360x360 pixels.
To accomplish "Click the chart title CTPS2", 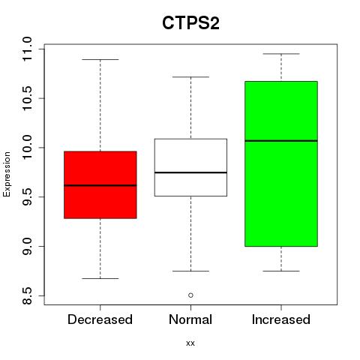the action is (x=190, y=23).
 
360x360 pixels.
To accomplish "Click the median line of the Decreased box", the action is (x=100, y=185).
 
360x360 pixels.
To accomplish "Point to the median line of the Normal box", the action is (x=190, y=172).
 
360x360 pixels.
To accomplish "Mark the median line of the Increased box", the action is (x=281, y=141).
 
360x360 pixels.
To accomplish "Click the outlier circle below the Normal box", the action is (x=190, y=295).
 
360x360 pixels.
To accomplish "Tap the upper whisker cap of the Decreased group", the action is (x=100, y=59).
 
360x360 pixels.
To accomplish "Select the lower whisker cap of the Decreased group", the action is (x=100, y=278).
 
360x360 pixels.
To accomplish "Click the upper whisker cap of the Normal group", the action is (x=190, y=76).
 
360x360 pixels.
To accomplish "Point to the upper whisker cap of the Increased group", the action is (x=281, y=54).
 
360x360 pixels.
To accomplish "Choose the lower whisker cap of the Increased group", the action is (x=281, y=271).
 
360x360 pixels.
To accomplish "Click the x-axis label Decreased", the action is (x=100, y=319).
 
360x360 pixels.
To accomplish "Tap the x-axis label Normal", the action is (x=190, y=319).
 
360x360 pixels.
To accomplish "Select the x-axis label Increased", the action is (x=281, y=319).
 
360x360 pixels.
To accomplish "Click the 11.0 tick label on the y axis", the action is (x=27, y=49).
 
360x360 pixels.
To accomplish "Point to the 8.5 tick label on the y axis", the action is (x=27, y=295).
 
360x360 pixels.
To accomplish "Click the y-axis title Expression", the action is (x=7, y=174).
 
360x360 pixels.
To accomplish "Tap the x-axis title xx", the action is (x=190, y=343).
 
